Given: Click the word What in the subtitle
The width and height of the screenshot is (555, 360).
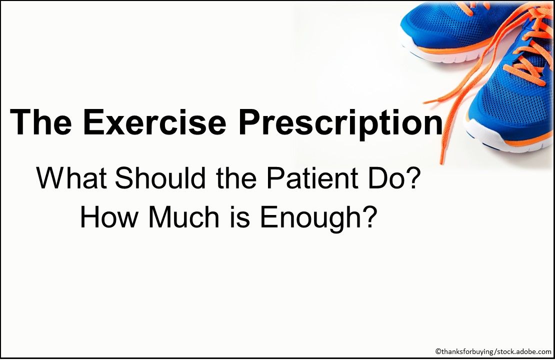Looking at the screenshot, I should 70,178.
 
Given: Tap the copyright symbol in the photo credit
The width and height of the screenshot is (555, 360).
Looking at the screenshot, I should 437,352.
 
